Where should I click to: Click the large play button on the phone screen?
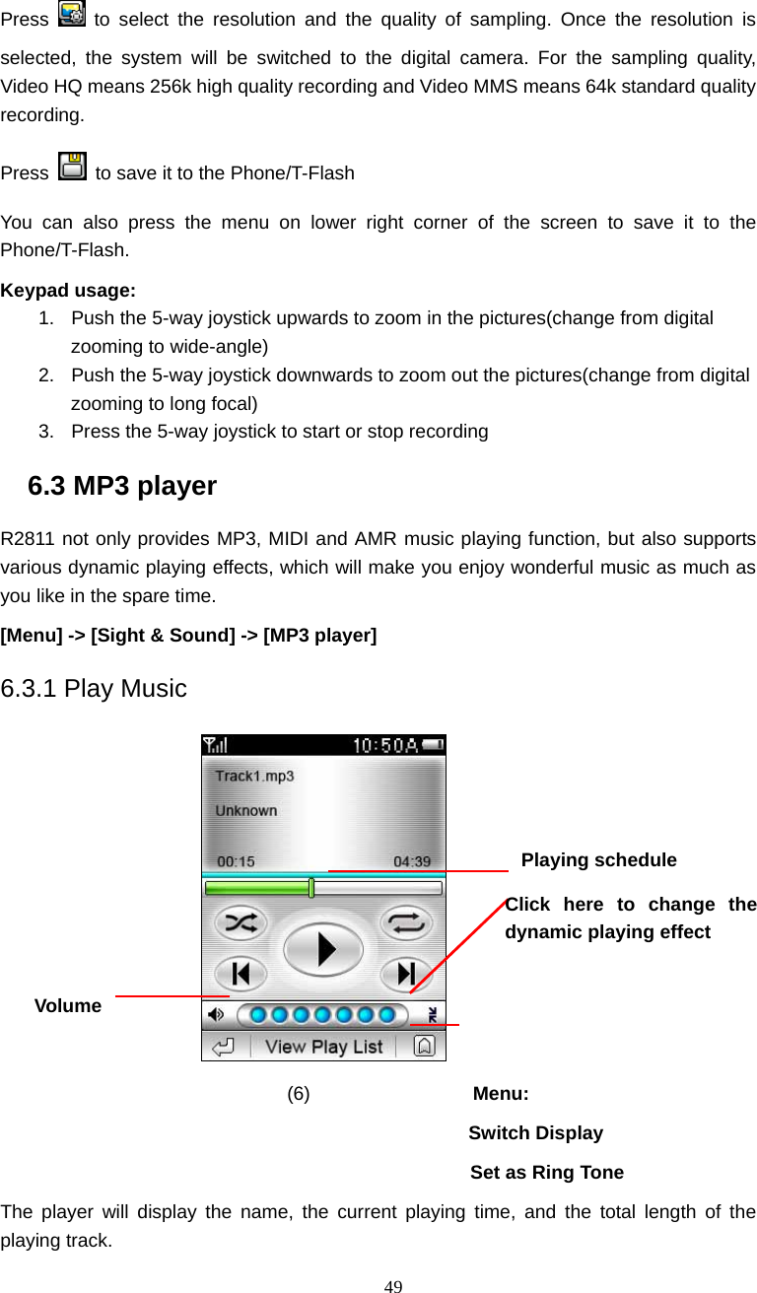[x=323, y=949]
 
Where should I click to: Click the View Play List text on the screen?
[x=323, y=1047]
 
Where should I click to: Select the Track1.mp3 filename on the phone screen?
[x=254, y=776]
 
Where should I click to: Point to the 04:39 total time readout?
[x=412, y=861]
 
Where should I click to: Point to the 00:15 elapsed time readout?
[x=235, y=861]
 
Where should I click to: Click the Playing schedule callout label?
[x=598, y=860]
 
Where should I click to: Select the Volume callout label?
[x=68, y=1006]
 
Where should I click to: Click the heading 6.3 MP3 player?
[x=122, y=486]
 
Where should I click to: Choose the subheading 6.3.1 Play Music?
[x=94, y=688]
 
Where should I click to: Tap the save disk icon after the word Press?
[x=72, y=168]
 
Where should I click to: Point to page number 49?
[x=393, y=1285]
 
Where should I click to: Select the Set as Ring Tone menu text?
[x=547, y=1173]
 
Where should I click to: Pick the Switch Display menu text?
[x=536, y=1133]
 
